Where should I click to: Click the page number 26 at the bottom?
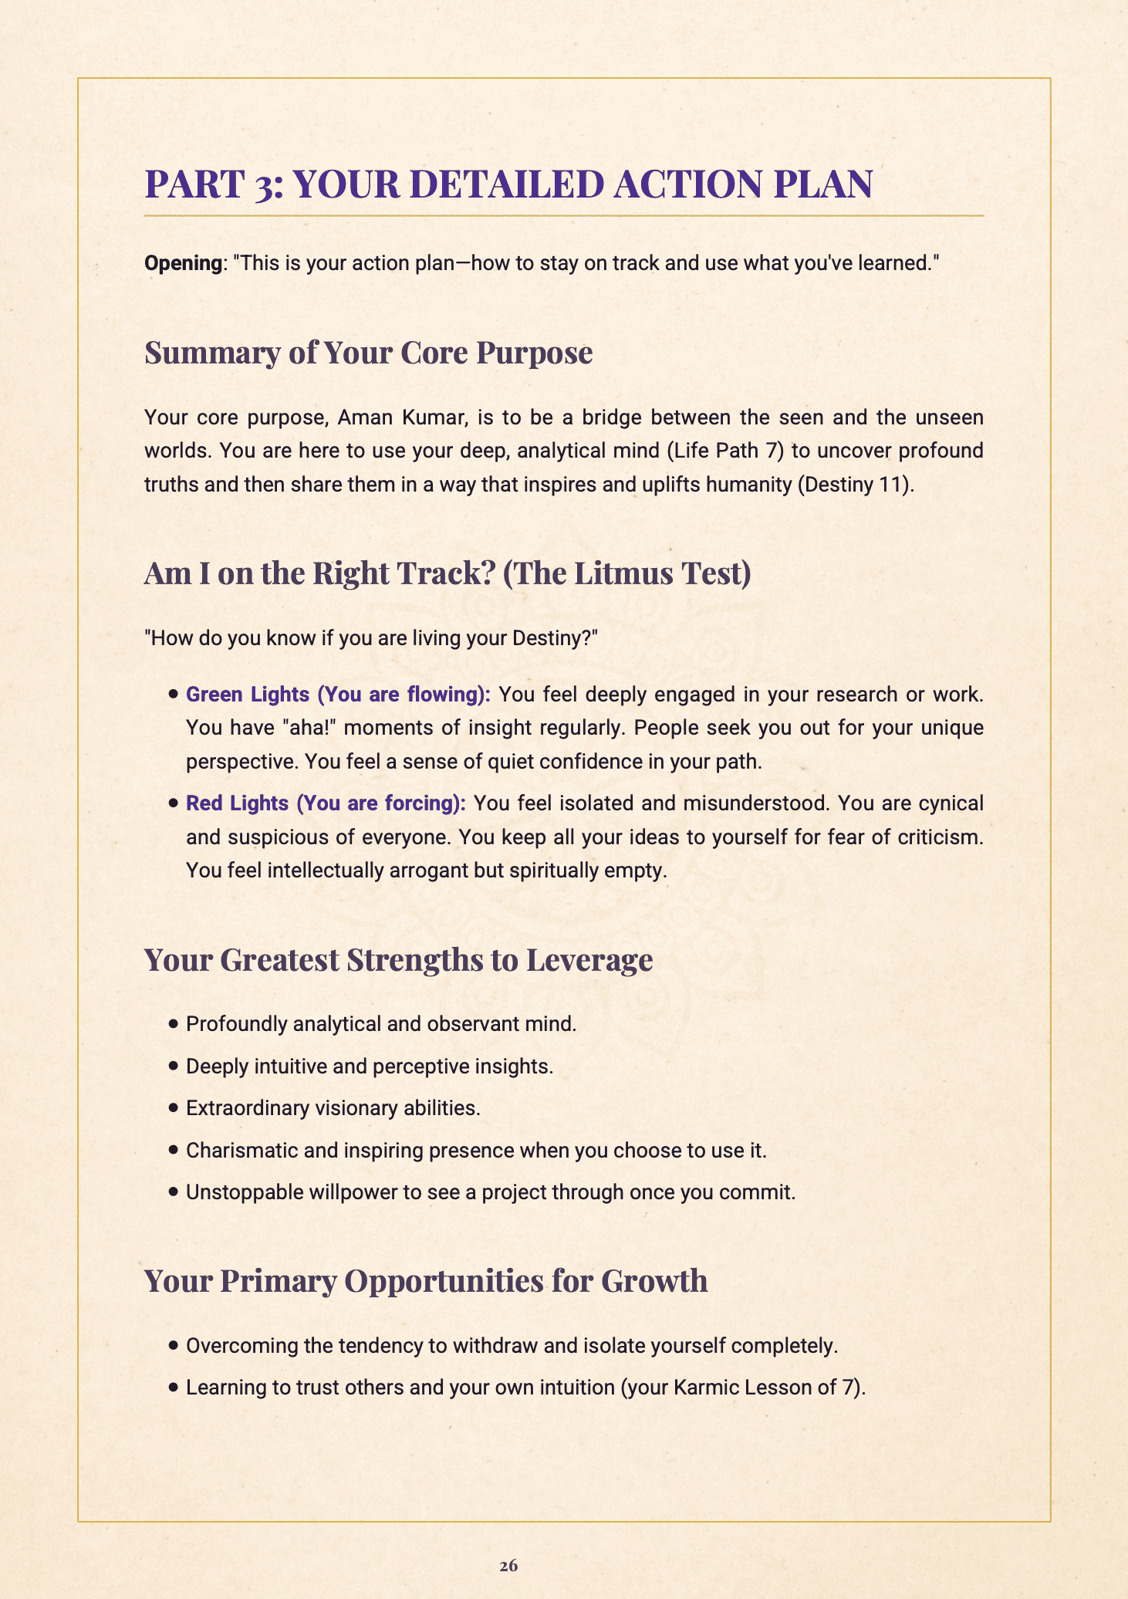508,1565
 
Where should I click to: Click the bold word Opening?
183,263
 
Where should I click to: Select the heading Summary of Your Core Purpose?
368,353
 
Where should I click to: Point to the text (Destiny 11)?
856,485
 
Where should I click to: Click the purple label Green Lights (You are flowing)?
338,695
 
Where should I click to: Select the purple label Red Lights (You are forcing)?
326,803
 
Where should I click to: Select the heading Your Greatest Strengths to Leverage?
398,960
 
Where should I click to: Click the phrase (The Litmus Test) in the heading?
626,573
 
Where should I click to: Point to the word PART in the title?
186,184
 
